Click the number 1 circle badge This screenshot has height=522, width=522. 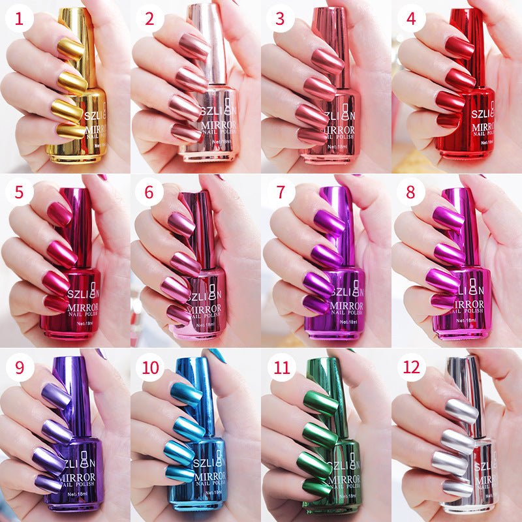pos(20,20)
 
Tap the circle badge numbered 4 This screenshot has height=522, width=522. pos(411,20)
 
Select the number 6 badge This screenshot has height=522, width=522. pos(150,194)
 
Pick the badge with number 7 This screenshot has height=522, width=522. pos(281,194)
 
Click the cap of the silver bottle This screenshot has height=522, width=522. pos(472,391)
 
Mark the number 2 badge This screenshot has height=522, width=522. pos(150,20)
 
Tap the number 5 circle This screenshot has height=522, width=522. pos(20,194)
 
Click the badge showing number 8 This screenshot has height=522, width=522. pos(411,194)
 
